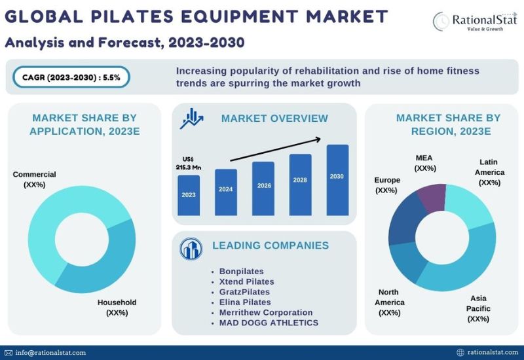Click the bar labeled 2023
[x=189, y=195]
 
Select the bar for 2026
[x=263, y=189]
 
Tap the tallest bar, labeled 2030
[x=337, y=180]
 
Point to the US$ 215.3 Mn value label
[x=189, y=163]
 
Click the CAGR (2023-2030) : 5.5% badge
[x=71, y=77]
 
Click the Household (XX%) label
[x=117, y=308]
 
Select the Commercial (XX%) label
[x=35, y=179]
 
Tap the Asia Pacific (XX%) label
[x=478, y=308]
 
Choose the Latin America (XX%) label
[x=489, y=172]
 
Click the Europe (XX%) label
[x=386, y=185]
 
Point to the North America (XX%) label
[x=389, y=302]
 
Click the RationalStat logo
[x=475, y=21]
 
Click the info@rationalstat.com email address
[x=50, y=353]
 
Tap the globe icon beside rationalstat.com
[x=460, y=352]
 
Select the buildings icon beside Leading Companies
[x=191, y=249]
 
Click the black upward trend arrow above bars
[x=276, y=149]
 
